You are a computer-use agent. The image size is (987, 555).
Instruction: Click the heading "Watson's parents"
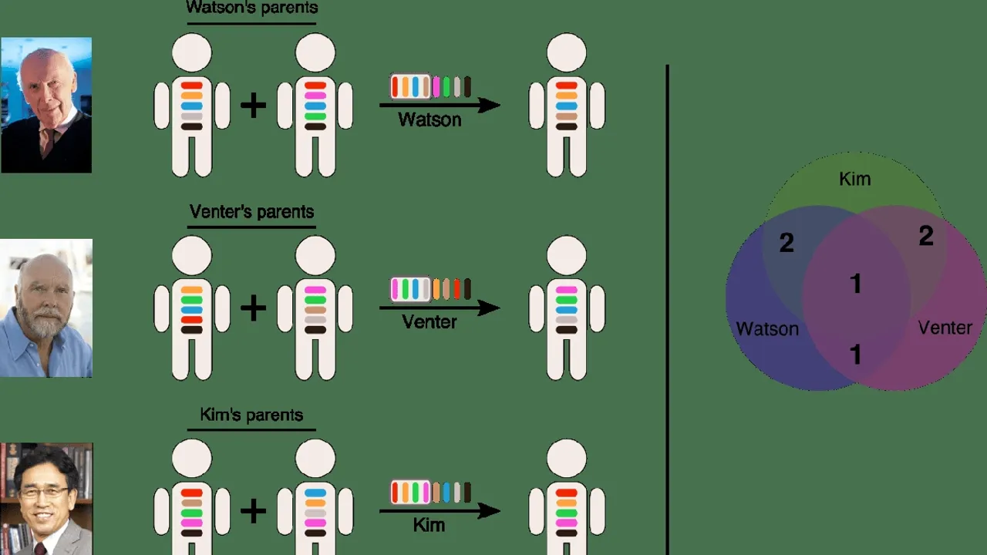point(251,8)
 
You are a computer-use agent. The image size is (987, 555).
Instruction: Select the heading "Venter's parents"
point(251,212)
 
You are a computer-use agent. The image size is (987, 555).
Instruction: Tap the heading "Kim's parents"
point(251,415)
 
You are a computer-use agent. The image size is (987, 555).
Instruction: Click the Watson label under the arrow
point(429,119)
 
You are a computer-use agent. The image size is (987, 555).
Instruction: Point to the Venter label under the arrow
point(429,321)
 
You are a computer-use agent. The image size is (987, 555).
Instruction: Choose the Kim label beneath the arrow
point(429,525)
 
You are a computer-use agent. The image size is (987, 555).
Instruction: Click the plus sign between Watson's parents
point(254,106)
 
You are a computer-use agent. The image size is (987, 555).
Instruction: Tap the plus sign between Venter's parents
point(254,308)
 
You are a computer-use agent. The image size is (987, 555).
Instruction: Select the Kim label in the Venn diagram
point(854,180)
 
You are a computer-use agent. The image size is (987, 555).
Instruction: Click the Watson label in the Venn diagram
point(767,329)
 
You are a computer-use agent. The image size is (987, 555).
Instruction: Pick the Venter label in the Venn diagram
point(945,328)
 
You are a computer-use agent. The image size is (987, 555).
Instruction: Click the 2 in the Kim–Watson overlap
point(787,244)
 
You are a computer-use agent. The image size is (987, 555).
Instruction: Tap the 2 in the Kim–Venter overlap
point(926,236)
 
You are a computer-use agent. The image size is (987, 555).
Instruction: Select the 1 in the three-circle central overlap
point(855,284)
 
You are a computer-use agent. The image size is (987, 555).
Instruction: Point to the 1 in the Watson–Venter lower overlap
point(855,355)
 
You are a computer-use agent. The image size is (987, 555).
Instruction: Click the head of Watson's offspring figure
point(567,53)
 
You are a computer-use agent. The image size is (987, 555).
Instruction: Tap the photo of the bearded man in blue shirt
point(46,308)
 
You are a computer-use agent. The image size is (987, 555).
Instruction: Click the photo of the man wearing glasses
point(46,499)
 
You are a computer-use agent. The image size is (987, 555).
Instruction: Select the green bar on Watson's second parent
point(315,116)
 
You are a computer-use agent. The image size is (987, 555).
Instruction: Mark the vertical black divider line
point(667,308)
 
